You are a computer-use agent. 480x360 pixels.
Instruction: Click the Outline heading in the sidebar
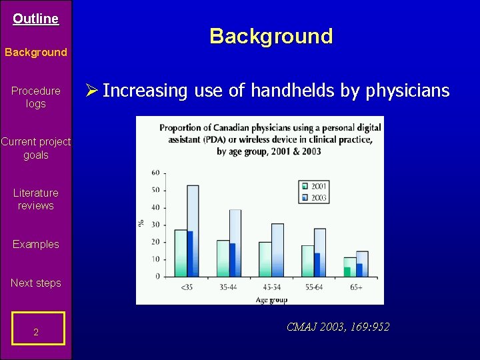point(35,19)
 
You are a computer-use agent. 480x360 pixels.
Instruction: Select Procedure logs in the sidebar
point(35,97)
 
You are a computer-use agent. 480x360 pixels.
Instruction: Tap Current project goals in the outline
point(35,148)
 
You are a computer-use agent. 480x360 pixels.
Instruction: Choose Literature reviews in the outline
point(35,199)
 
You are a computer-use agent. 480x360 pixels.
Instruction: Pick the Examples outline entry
point(35,244)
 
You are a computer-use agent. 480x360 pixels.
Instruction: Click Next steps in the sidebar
point(35,283)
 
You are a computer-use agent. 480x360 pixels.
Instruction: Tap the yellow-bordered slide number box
point(37,329)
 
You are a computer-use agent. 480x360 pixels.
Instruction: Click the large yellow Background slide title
point(271,36)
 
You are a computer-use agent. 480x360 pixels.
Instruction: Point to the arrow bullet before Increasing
point(93,91)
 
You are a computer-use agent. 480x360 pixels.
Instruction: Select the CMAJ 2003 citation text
point(337,327)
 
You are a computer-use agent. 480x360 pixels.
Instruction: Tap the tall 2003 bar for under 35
point(193,227)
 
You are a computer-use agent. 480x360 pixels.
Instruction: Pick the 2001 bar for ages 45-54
point(265,259)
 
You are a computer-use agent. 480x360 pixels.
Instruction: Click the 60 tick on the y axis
point(155,173)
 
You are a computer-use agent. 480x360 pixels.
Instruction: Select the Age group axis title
point(271,300)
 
